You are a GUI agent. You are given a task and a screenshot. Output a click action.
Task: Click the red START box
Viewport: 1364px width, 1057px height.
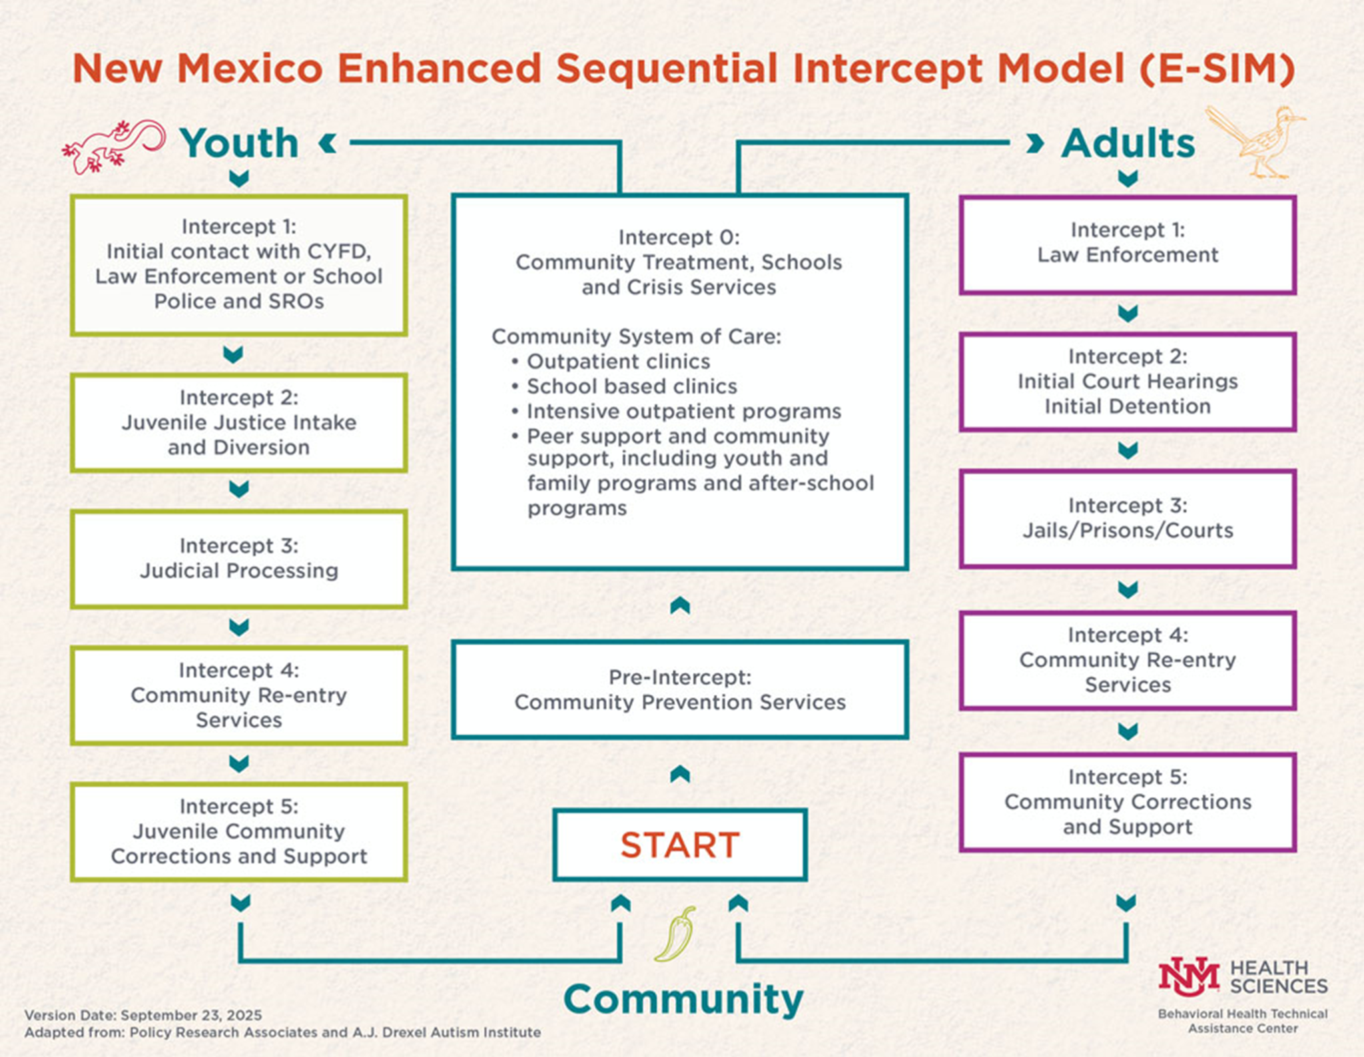[x=679, y=845]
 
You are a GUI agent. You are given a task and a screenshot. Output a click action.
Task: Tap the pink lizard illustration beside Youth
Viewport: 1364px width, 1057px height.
[x=113, y=146]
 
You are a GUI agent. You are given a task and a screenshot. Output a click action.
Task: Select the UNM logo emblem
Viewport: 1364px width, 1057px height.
[x=1188, y=978]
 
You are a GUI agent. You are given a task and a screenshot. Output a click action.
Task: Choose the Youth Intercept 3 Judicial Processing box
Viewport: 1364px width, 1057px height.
[x=238, y=559]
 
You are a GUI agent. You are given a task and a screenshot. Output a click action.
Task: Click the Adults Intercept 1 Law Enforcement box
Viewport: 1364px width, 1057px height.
[x=1127, y=244]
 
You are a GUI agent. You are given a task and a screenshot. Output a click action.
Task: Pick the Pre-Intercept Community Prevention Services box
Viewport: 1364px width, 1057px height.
[x=679, y=689]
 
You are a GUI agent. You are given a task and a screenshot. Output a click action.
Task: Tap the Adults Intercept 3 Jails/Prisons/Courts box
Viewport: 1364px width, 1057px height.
[x=1127, y=518]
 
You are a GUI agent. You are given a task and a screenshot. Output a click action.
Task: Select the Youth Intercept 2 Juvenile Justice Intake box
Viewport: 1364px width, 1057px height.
[x=238, y=422]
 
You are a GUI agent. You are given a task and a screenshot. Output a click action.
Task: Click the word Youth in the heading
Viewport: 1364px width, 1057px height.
[x=239, y=143]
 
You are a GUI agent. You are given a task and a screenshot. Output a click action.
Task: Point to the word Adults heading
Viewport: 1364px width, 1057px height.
[x=1128, y=143]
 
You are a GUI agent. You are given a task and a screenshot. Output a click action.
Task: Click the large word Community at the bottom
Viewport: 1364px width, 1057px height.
[x=683, y=1000]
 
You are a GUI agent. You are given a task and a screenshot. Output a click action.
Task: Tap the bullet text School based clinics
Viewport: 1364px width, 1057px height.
[x=631, y=386]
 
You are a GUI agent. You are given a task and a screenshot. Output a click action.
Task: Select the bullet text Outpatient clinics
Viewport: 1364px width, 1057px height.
[x=618, y=362]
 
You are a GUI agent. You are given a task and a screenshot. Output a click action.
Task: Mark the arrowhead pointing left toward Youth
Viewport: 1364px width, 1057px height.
[x=327, y=143]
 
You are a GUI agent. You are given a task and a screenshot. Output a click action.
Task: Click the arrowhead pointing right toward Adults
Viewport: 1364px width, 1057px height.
[x=1034, y=143]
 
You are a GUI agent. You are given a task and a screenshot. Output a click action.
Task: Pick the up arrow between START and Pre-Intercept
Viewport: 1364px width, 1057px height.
[x=679, y=773]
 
